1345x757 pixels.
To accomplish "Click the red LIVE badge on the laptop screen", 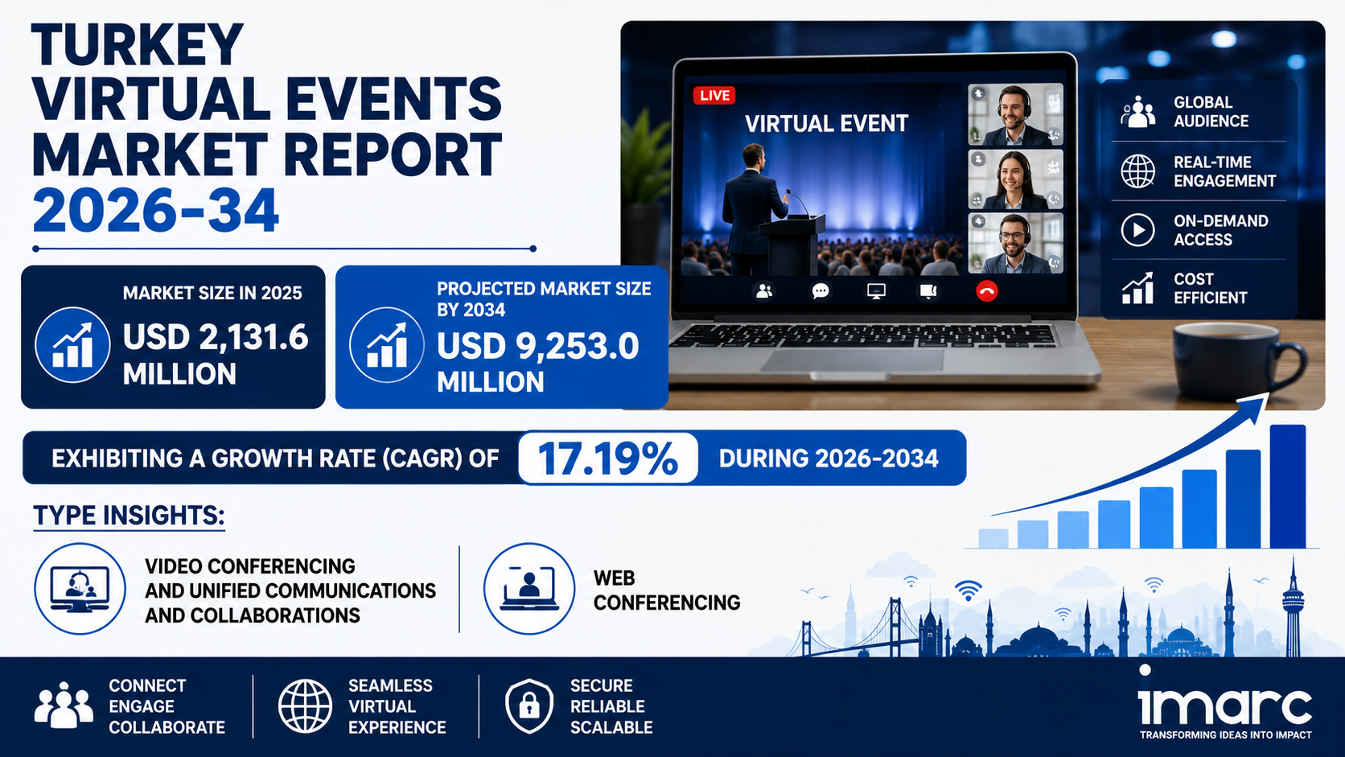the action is coord(714,96).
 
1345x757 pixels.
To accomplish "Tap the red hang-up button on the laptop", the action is coord(986,292).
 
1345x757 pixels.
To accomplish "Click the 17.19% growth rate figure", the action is coord(607,459).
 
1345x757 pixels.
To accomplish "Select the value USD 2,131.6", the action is coord(216,337).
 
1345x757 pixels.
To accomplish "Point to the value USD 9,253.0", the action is coord(537,347).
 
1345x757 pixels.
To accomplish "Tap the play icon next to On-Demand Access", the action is coord(1137,230).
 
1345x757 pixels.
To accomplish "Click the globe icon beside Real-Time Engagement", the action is coord(1137,171).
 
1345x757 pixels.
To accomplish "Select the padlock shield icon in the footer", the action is coord(529,706).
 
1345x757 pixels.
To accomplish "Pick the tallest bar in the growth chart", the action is coord(1287,486).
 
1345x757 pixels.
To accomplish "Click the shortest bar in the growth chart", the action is coord(993,538).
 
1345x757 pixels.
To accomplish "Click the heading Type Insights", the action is coord(129,516).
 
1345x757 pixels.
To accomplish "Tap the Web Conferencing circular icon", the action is coord(529,588).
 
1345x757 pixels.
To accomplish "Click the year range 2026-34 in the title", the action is coord(155,211).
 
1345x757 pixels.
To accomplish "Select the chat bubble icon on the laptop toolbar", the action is coord(821,292).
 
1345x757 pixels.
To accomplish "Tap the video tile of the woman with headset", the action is coord(1015,179).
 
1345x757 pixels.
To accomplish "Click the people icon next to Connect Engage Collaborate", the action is coord(63,705).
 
